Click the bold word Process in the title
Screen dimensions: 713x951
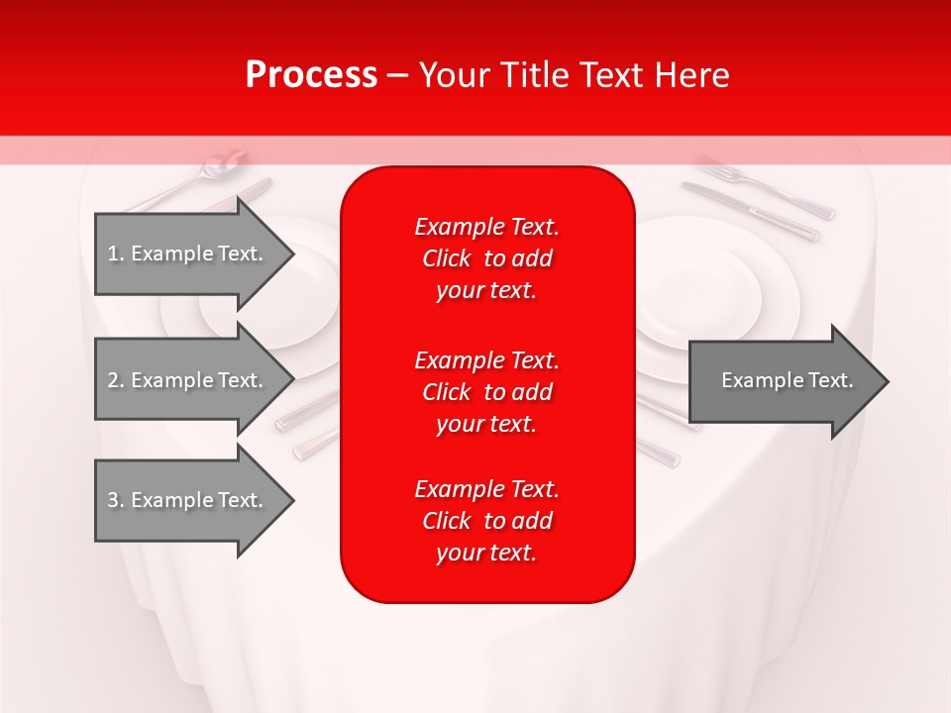tap(311, 75)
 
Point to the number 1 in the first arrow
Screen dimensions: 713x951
tap(113, 254)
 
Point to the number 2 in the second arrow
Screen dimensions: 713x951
tap(113, 380)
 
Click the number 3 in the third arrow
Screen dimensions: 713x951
tap(113, 500)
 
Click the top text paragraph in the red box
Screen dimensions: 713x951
tap(486, 258)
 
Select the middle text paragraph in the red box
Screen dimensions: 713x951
tap(486, 392)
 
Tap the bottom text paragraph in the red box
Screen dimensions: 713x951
tap(486, 521)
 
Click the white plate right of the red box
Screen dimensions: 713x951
tap(713, 297)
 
